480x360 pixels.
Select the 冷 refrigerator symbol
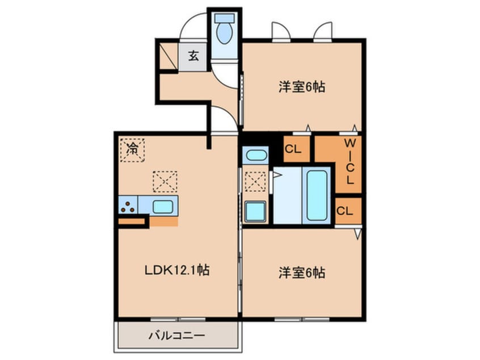[132, 150]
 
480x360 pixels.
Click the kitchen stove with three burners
[127, 206]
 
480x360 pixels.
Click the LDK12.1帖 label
[177, 270]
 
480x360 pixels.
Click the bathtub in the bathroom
[317, 195]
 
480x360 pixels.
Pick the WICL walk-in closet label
[350, 162]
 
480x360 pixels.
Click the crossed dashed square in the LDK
[165, 181]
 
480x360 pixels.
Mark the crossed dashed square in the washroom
[256, 182]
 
